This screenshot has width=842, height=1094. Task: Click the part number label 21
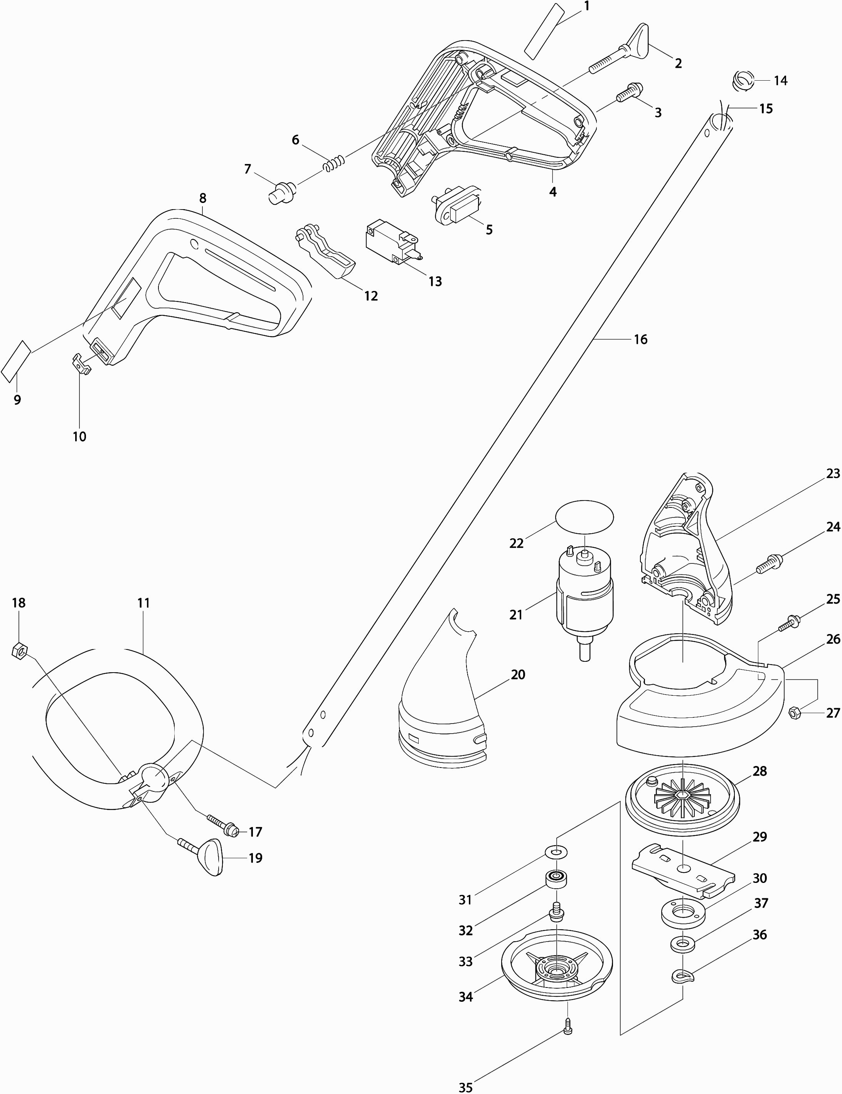[516, 615]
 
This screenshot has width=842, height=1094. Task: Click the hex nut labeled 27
[793, 712]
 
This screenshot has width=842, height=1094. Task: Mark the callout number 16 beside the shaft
[640, 340]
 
